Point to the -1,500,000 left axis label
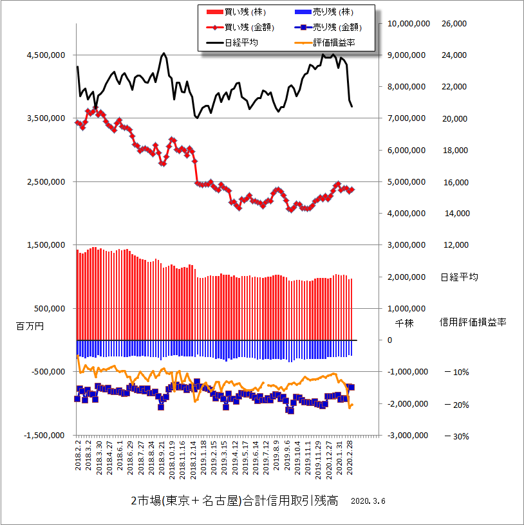click(44, 436)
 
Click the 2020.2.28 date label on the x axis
click(350, 458)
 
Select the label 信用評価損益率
click(473, 322)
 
